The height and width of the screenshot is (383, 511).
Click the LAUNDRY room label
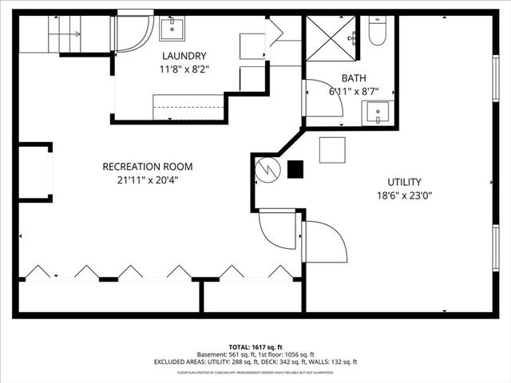[184, 56]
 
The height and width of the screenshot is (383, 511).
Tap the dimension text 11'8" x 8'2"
[184, 69]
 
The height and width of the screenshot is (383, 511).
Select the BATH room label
[354, 78]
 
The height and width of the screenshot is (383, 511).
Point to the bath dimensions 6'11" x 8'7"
[354, 92]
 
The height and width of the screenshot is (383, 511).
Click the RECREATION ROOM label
[147, 167]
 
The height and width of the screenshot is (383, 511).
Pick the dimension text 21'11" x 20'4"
[147, 180]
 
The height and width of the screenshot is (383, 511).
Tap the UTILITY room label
[405, 182]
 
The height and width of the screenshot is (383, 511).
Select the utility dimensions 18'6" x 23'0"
[405, 195]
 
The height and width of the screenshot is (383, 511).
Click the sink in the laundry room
[172, 29]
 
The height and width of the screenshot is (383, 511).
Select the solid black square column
[296, 169]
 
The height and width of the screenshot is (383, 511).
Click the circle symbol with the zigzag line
[266, 168]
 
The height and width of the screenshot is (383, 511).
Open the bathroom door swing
[323, 97]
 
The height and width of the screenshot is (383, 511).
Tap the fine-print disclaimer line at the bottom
[255, 372]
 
